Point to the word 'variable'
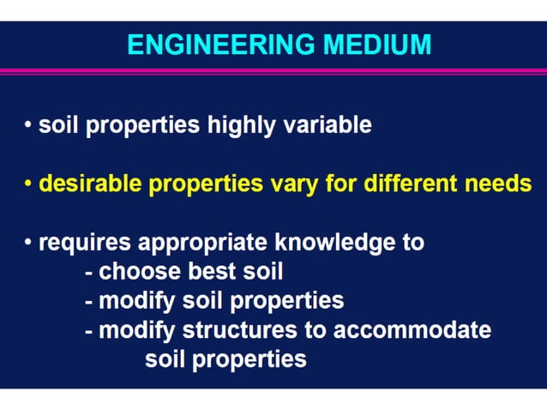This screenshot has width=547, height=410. pos(330,125)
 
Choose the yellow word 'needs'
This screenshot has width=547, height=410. pos(498,184)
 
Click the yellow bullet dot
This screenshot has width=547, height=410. pos(28,184)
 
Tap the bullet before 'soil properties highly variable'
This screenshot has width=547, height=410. pos(28,125)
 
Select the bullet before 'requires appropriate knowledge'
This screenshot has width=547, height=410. pos(28,243)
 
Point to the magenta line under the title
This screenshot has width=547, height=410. pos(273,70)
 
